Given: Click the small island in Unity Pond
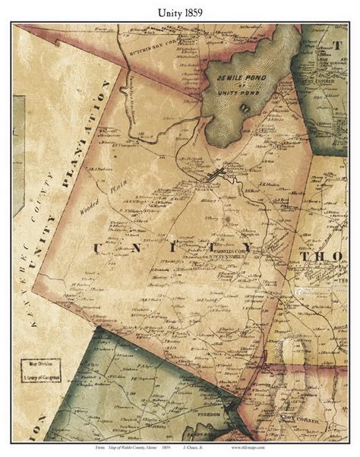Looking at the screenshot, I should click(x=245, y=107).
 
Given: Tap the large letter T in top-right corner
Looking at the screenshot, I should click(x=339, y=45).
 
